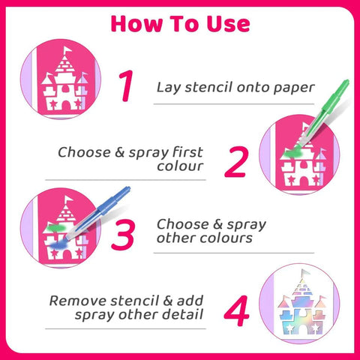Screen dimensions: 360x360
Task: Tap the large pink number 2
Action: tap(235, 160)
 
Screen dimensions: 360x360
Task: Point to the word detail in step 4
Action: tap(181, 314)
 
